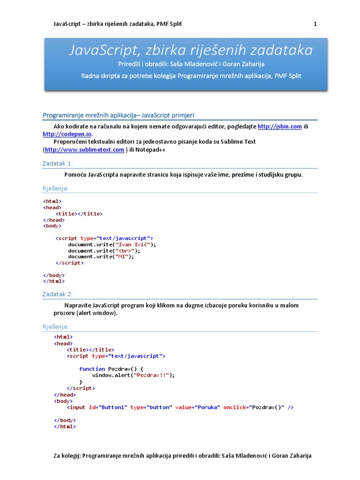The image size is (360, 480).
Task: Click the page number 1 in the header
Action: pos(315,24)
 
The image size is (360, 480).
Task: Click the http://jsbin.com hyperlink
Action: pos(279,127)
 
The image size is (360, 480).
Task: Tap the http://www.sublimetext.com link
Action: pos(84,150)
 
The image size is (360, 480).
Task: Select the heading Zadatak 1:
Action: pos(58,163)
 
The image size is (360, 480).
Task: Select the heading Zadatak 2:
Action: pos(58,294)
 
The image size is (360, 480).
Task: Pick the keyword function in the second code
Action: pos(92,369)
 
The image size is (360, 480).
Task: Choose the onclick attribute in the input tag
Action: pos(234,407)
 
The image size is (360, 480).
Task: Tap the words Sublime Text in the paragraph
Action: pos(238,142)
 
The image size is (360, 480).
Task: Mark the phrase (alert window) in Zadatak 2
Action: pos(97,313)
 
